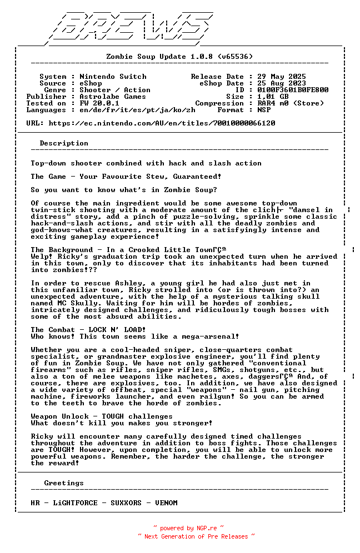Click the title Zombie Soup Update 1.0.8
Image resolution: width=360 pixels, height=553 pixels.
(179, 57)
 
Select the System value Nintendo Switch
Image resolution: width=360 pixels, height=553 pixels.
(113, 77)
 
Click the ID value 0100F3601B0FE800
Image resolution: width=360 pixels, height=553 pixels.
(293, 90)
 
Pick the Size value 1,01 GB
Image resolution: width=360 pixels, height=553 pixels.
(273, 97)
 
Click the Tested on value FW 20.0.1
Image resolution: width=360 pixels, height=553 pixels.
(99, 103)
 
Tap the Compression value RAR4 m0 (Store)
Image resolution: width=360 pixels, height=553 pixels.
(291, 103)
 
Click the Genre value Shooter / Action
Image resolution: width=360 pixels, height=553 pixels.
(115, 90)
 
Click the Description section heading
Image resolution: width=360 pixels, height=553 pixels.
(64, 143)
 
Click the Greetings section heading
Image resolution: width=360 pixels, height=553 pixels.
(64, 483)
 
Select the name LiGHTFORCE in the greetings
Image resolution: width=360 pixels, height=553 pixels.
(75, 503)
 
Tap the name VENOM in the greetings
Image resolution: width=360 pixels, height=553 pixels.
(166, 503)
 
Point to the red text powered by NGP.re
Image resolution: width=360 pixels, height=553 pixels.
(188, 529)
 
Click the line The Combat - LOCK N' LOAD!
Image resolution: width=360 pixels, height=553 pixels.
(88, 330)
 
